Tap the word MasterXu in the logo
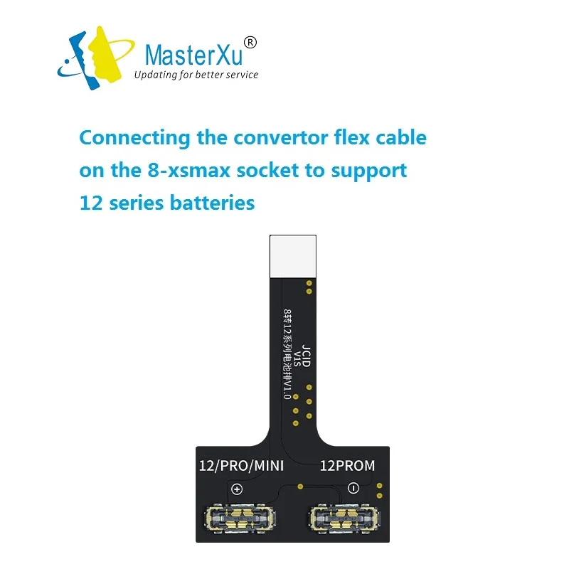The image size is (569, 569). coord(192,55)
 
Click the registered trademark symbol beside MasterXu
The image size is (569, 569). coord(250,43)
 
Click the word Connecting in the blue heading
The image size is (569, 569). coord(134,137)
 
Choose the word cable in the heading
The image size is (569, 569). coord(398,137)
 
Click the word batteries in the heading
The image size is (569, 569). coord(212,203)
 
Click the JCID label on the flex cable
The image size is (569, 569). coord(306,356)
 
